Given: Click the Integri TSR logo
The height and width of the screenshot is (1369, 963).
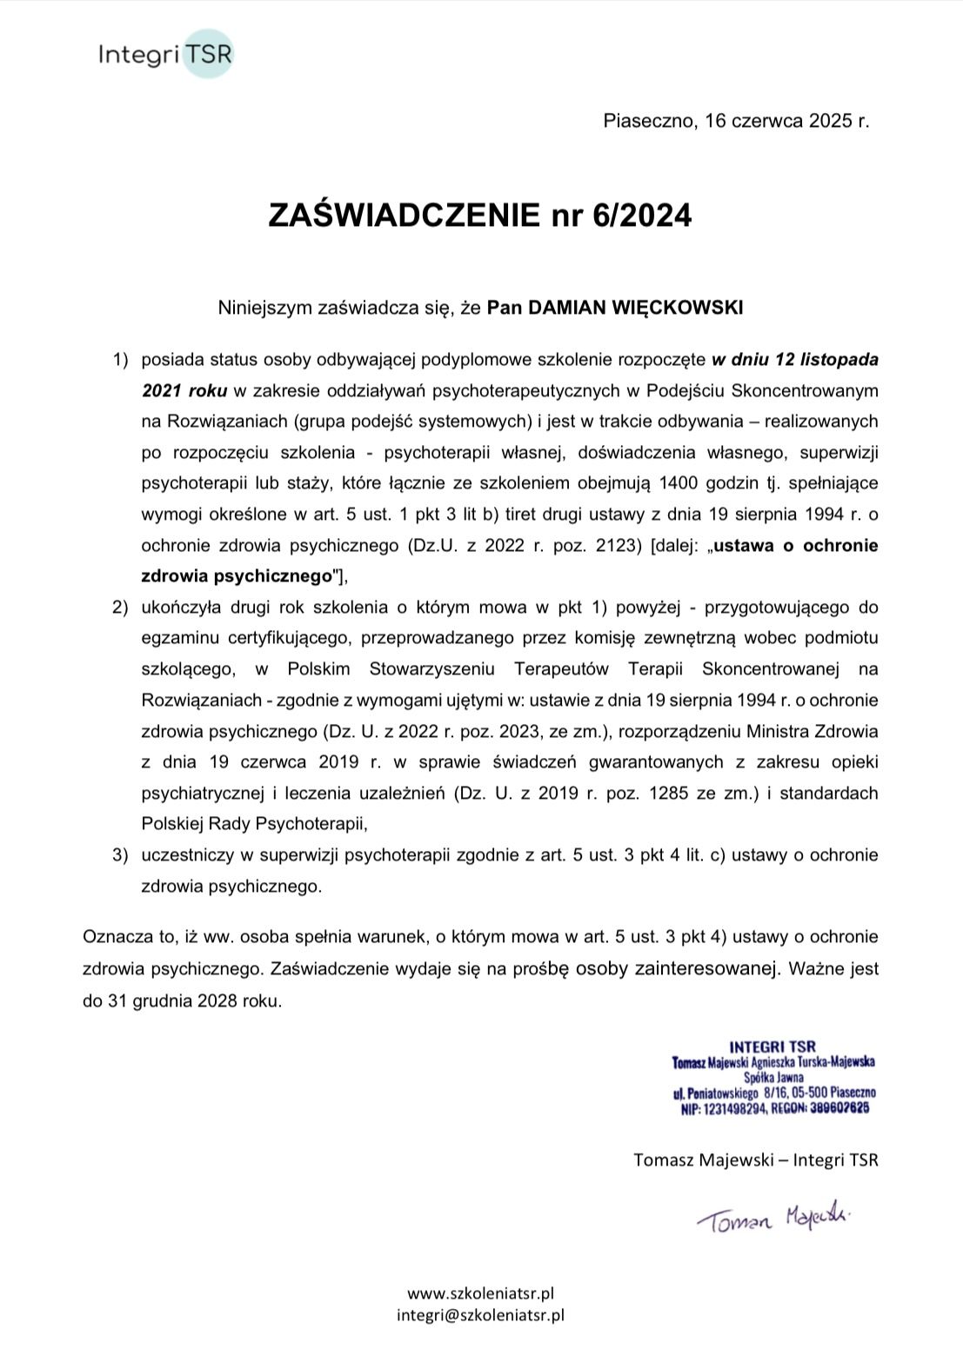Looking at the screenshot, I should click(165, 55).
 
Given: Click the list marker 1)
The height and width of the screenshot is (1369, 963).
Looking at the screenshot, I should click(119, 359).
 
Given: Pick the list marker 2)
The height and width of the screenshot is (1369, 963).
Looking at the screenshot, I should click(119, 607).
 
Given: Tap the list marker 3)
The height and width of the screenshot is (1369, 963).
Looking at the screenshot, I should click(119, 855).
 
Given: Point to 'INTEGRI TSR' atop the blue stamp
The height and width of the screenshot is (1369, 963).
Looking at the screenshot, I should click(772, 1047).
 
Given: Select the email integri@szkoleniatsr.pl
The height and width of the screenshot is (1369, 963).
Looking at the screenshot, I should click(480, 1315).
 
